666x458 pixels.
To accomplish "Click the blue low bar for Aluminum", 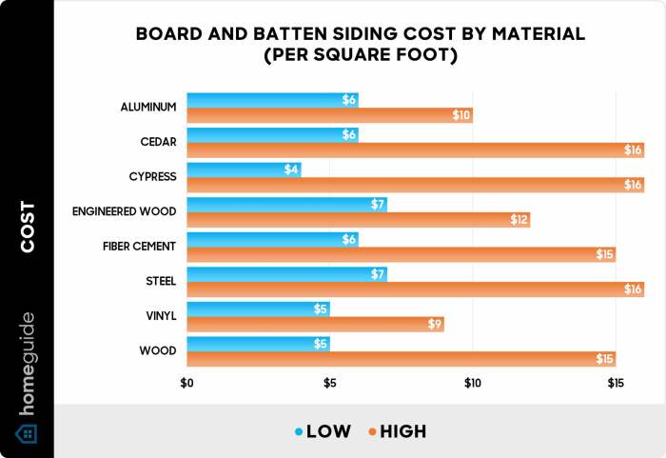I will click(272, 100).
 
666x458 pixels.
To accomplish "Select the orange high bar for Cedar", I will click(415, 149).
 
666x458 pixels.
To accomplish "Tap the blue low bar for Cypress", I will click(244, 169).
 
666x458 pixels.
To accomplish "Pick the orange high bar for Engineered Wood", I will click(358, 220).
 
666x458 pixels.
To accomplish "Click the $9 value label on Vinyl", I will click(433, 325).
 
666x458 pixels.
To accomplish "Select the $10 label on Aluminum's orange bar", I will click(460, 115).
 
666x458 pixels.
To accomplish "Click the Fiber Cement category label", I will click(139, 247).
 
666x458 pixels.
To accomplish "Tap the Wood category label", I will click(158, 350).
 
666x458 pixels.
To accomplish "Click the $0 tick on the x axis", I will click(186, 383).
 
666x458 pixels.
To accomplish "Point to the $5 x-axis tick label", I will click(329, 383).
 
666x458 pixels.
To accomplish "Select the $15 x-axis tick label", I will click(616, 383).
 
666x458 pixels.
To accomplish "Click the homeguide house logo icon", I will click(27, 434).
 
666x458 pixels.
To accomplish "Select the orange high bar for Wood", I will click(401, 359).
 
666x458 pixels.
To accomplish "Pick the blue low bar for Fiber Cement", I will click(272, 239).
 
